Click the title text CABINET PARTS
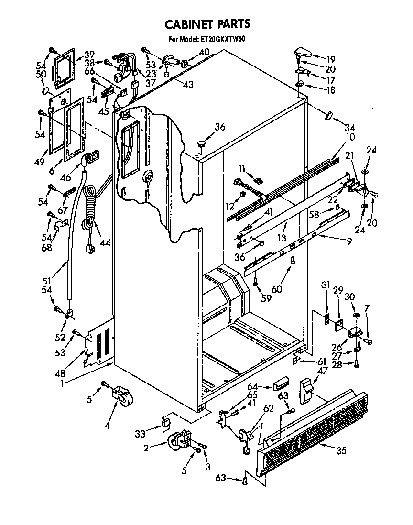pos(207,24)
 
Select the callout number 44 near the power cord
pos(105,242)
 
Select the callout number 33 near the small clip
pos(140,434)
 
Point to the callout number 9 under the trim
pos(349,242)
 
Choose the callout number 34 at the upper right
pos(350,128)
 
